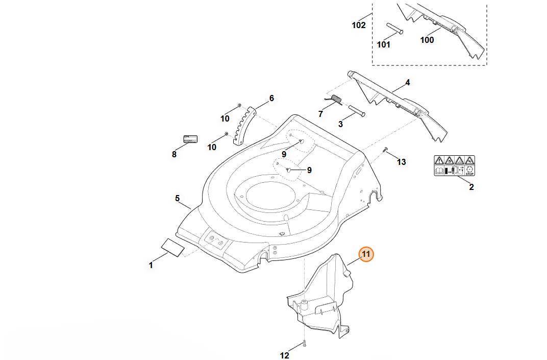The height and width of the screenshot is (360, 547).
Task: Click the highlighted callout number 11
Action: click(x=366, y=254)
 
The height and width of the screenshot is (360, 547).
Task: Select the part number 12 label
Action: click(x=285, y=355)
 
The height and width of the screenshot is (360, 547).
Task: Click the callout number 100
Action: click(x=427, y=40)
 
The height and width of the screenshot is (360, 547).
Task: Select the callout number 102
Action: click(x=359, y=25)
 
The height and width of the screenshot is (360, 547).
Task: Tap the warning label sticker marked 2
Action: click(x=454, y=165)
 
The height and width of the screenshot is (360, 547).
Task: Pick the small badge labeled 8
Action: click(x=190, y=139)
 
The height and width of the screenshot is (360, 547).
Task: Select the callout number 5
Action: click(x=178, y=198)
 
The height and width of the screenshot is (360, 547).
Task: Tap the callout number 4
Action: click(x=408, y=82)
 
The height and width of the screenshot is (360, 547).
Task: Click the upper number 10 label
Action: click(x=225, y=119)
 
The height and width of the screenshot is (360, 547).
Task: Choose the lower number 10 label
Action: click(x=212, y=147)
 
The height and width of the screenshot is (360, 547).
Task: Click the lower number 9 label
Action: click(x=309, y=170)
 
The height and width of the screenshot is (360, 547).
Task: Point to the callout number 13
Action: click(x=402, y=162)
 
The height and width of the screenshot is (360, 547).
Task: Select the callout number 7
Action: click(x=321, y=113)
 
